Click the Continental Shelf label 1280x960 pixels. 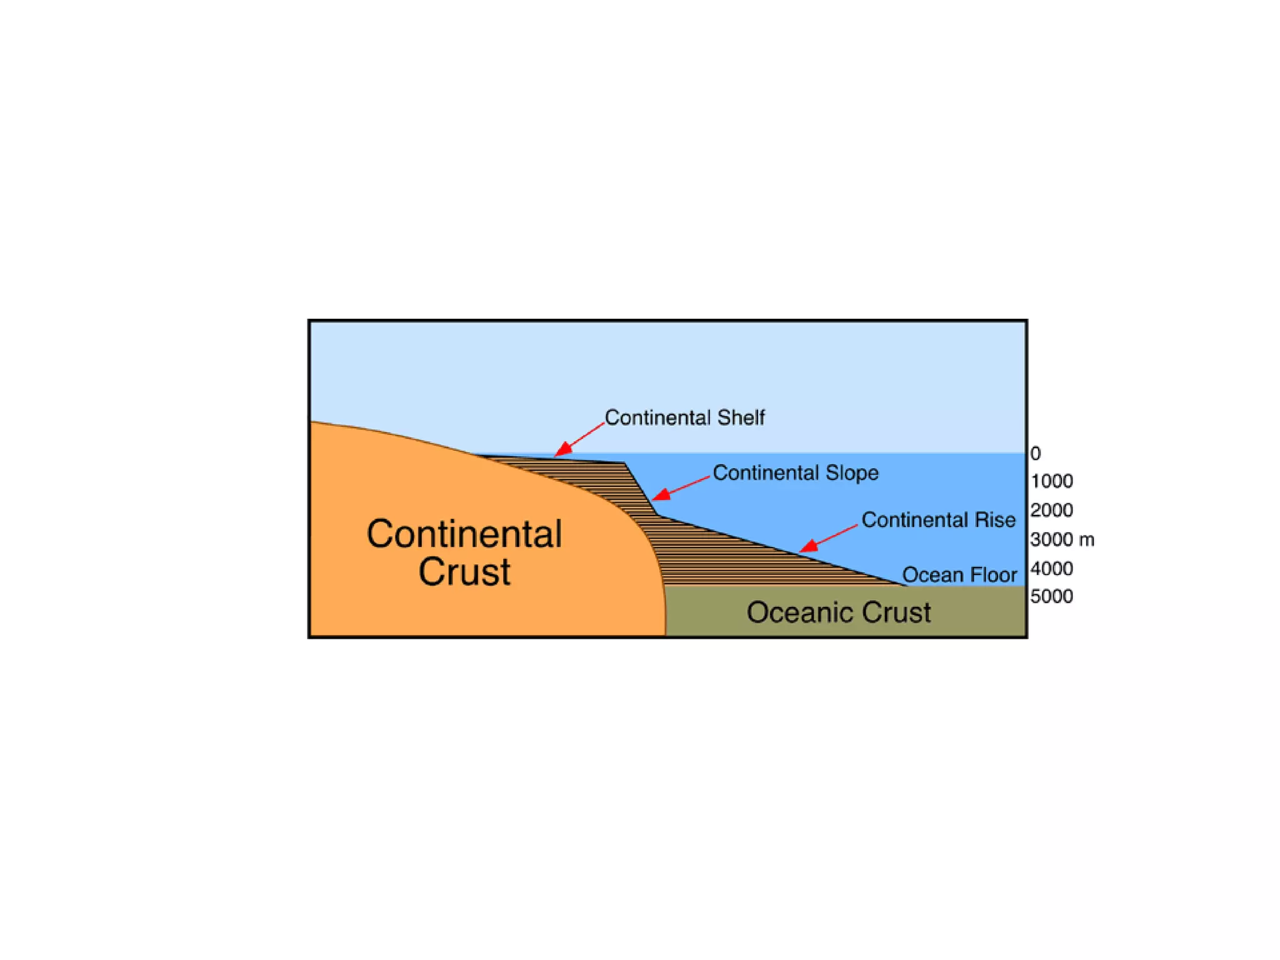point(684,417)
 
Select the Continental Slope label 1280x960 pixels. point(795,472)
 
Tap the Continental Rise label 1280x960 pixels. point(938,519)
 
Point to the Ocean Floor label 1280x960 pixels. point(959,574)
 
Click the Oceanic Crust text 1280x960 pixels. point(838,612)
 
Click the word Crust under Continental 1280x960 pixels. point(464,571)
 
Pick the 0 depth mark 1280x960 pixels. point(1036,453)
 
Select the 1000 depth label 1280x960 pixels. point(1052,481)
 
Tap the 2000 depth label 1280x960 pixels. point(1052,510)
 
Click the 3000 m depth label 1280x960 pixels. point(1062,539)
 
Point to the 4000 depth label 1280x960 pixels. point(1052,568)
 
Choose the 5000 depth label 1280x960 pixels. point(1052,596)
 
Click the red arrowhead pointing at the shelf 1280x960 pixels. point(563,449)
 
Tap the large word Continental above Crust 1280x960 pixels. point(464,534)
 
